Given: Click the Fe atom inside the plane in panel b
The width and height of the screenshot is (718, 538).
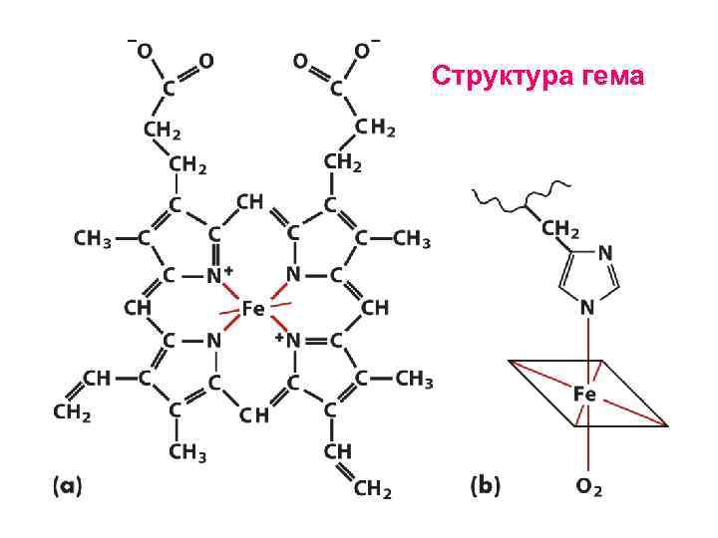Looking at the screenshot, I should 585,395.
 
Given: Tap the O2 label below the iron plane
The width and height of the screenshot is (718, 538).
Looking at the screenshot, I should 588,487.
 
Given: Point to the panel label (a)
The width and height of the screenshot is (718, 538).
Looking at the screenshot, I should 67,486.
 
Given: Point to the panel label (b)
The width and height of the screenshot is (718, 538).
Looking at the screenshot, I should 486,486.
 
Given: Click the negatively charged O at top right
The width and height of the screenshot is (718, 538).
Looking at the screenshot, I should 362,51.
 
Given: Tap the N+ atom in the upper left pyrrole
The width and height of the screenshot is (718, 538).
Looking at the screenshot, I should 218,274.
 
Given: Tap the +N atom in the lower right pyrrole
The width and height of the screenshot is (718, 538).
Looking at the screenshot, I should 288,340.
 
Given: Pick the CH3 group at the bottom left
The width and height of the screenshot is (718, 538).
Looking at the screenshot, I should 186,454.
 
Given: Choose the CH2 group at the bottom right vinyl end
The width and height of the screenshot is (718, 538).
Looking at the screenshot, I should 372,489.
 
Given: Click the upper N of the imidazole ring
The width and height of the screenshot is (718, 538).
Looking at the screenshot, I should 604,254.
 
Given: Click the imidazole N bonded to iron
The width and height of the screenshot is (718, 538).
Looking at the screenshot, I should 587,308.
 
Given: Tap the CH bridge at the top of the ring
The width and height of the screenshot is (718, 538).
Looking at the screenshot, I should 249,202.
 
